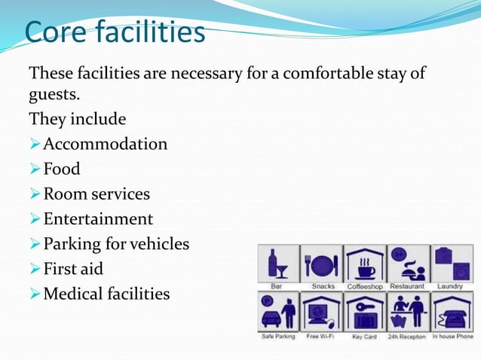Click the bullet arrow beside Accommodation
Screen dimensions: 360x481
(x=34, y=144)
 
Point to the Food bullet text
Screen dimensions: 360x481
(x=61, y=169)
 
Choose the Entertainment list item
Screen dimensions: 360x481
(x=97, y=219)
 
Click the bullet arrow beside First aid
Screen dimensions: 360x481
(x=34, y=269)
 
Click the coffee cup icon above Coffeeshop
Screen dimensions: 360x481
(x=366, y=264)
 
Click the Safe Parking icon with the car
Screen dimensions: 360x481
(x=277, y=312)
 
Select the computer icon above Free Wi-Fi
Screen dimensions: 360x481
(x=322, y=312)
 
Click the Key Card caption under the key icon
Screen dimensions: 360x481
(x=365, y=337)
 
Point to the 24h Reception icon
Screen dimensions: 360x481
(x=408, y=312)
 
